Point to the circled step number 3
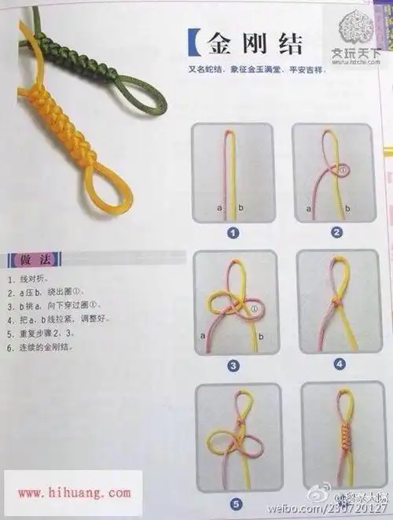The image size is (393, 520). (x=233, y=365)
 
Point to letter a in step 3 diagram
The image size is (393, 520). (x=204, y=335)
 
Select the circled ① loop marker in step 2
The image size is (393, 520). (x=343, y=168)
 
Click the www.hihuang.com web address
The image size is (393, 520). (x=75, y=493)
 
